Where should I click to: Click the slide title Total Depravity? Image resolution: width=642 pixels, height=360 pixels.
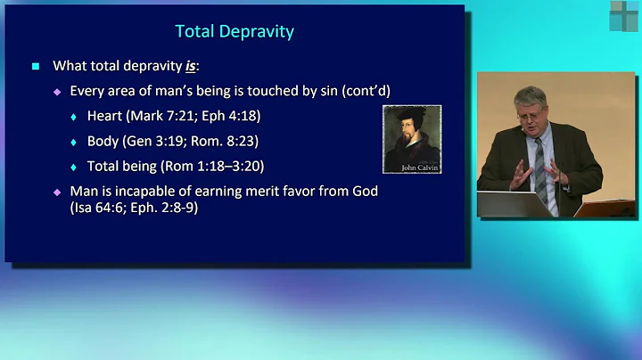click(234, 32)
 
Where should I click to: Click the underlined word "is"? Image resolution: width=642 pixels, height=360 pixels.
click(191, 66)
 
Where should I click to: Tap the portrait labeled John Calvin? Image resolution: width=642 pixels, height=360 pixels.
click(411, 139)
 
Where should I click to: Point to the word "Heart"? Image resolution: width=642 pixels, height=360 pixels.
click(105, 116)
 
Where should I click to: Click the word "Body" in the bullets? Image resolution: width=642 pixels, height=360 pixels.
click(103, 141)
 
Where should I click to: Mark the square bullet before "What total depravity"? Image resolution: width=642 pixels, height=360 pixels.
click(36, 66)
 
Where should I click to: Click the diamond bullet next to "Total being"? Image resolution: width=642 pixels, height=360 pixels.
click(74, 167)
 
